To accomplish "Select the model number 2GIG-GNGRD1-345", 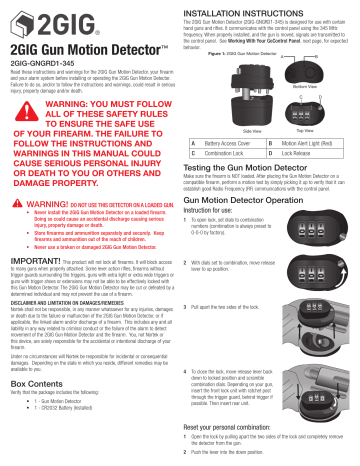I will coord(43,61).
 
